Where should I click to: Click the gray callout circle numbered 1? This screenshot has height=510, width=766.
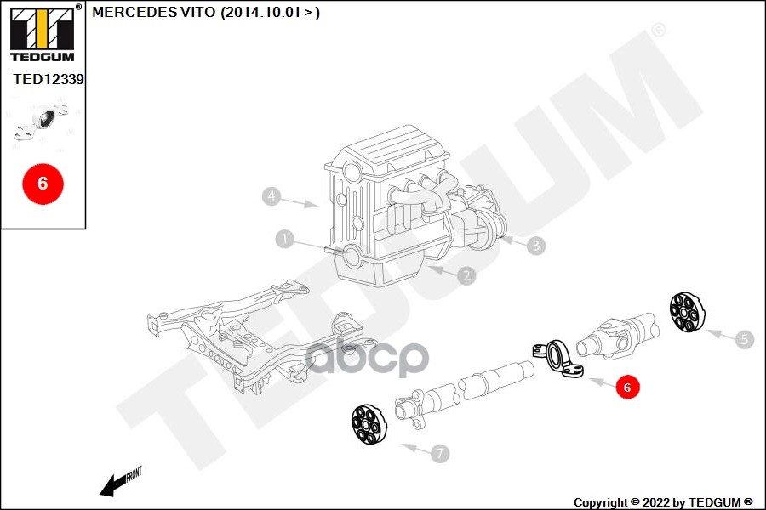pyautogui.click(x=284, y=240)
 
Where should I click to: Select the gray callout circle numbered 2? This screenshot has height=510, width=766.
pyautogui.click(x=466, y=275)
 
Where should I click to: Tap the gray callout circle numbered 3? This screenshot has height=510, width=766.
pyautogui.click(x=534, y=246)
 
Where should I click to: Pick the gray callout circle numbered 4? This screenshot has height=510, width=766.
pyautogui.click(x=271, y=197)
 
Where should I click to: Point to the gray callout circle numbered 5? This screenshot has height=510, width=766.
pyautogui.click(x=744, y=339)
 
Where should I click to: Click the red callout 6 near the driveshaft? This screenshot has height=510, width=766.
pyautogui.click(x=627, y=388)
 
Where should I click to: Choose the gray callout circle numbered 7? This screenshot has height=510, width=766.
pyautogui.click(x=439, y=454)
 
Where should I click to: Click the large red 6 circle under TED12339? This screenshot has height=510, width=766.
pyautogui.click(x=43, y=183)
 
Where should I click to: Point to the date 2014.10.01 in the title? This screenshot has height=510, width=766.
pyautogui.click(x=264, y=12)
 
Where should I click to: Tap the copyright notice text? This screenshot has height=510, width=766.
pyautogui.click(x=663, y=501)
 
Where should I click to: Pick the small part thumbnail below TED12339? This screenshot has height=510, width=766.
pyautogui.click(x=43, y=123)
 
